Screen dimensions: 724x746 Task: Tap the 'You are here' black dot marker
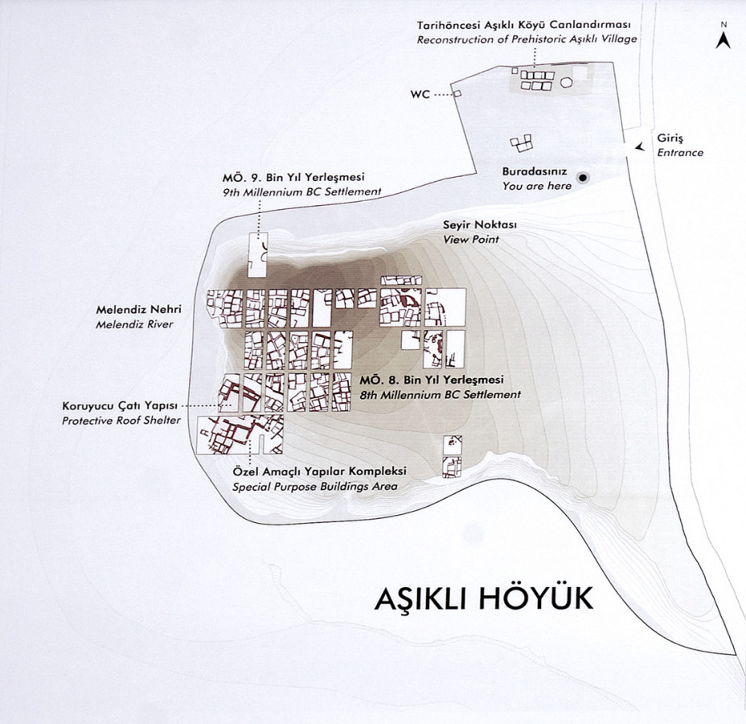tap(584, 177)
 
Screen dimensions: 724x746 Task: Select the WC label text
tap(420, 95)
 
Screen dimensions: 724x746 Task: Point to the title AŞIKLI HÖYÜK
tap(483, 600)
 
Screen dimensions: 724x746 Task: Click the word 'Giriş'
tap(669, 138)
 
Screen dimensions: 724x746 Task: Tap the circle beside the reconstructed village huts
tap(566, 81)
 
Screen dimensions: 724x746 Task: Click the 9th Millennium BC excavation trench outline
tap(257, 256)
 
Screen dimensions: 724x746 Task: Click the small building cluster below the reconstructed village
tap(522, 144)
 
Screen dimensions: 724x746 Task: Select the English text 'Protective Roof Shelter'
tap(120, 421)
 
